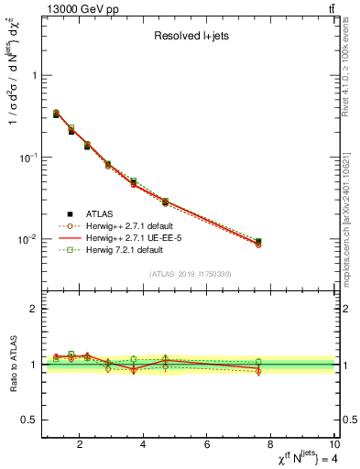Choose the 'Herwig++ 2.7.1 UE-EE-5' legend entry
151,236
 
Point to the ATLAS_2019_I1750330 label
190,274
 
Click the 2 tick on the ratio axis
34,309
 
